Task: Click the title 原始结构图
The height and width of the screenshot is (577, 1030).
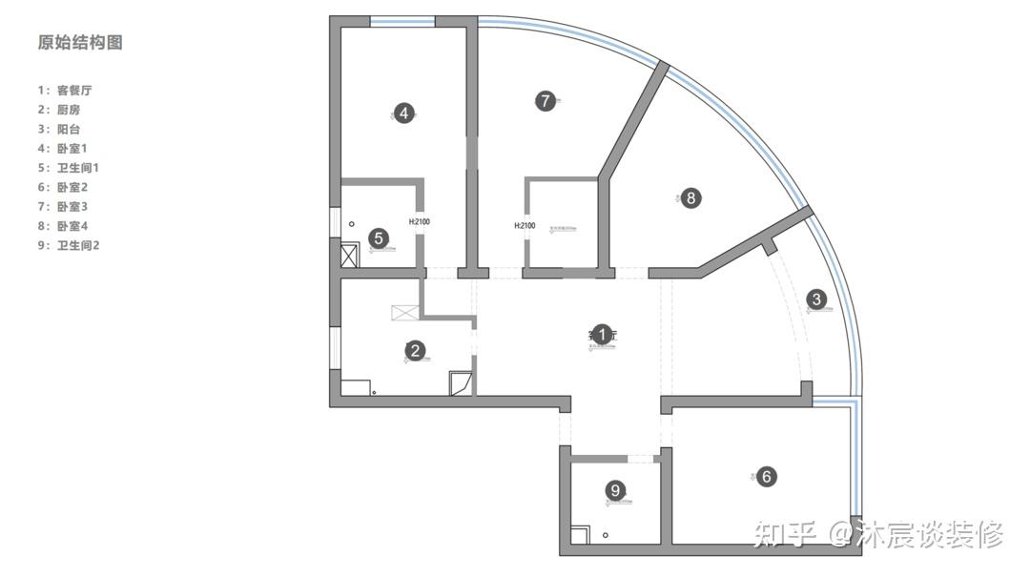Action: (80, 43)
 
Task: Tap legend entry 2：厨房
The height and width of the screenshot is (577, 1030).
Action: (59, 110)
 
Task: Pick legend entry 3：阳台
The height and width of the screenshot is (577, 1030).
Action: (59, 129)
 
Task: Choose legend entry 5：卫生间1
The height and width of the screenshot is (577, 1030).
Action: (69, 168)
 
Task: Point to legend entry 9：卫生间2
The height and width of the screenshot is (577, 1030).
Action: (69, 245)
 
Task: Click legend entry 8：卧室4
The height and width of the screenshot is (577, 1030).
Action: (62, 226)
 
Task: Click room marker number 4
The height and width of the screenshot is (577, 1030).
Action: (404, 113)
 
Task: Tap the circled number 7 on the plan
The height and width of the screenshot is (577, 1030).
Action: (545, 100)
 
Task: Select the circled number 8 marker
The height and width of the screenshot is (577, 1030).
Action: (691, 198)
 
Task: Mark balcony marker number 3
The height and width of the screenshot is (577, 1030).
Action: (815, 299)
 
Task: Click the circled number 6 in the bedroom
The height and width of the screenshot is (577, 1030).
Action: (766, 477)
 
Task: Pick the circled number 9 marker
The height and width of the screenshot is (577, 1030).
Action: (615, 490)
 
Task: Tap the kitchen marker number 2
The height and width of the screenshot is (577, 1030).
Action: (415, 351)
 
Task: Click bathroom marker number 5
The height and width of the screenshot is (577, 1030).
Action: (379, 237)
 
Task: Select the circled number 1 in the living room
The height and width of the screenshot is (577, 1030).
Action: (601, 334)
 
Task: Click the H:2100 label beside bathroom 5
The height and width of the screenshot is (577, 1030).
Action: (420, 222)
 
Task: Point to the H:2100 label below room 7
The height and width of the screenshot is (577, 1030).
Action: (525, 226)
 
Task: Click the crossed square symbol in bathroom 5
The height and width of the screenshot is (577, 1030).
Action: (349, 255)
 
